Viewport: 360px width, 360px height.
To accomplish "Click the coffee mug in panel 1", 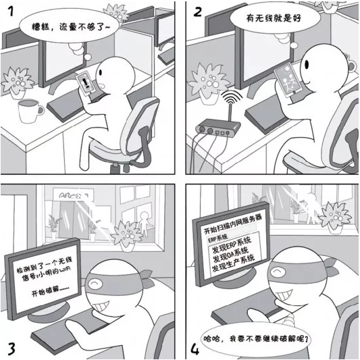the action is click(x=30, y=111).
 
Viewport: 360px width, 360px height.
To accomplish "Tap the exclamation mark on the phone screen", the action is click(x=86, y=82).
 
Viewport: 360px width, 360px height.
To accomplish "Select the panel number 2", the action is click(x=197, y=11).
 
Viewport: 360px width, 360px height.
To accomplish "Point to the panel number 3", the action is click(x=11, y=348).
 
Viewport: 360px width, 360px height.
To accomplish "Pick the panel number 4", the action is click(x=195, y=349).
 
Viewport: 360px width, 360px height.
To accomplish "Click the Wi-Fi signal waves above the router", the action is click(x=232, y=97).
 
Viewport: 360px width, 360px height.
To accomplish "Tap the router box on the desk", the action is click(x=218, y=128).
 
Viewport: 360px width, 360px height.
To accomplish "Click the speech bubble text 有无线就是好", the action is click(x=274, y=18).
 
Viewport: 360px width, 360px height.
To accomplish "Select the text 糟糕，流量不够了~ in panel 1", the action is click(x=71, y=27).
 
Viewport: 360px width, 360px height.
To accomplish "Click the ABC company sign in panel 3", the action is click(x=73, y=195).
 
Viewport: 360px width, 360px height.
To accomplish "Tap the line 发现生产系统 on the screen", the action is click(x=233, y=263).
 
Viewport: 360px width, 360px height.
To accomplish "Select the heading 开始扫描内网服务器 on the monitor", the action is click(x=233, y=224).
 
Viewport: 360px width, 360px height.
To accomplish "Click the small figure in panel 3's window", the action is click(x=145, y=224).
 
